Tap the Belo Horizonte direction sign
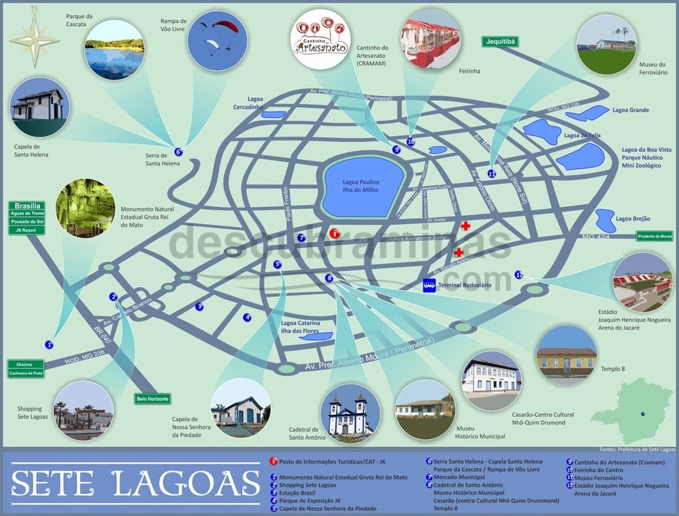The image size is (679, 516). point(152,399)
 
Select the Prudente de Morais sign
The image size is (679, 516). point(655,237)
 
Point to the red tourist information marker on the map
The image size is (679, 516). point(334,233)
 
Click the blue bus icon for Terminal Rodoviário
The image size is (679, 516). point(429,285)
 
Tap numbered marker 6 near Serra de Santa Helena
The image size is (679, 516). point(178,152)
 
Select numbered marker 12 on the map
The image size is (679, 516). point(519,275)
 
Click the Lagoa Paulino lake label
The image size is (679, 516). point(361,186)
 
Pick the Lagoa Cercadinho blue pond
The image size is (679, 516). point(273,114)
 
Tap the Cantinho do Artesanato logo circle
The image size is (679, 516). point(320,38)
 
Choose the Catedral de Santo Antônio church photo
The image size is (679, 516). point(350,413)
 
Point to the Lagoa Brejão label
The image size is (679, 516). point(632,218)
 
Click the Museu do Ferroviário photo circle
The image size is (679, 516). point(606,45)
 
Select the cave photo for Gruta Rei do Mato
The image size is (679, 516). point(85,208)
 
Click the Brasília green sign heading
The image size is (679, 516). point(27,206)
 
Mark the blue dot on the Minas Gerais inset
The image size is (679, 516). point(643,414)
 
